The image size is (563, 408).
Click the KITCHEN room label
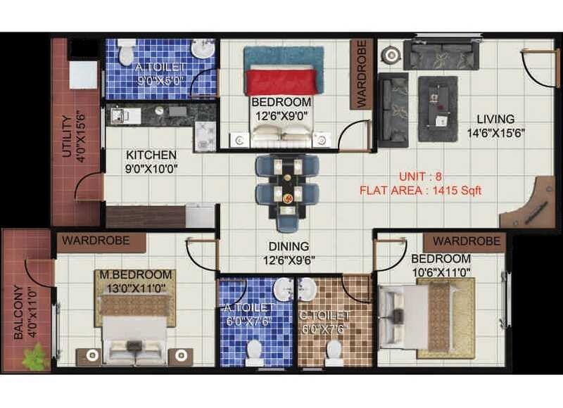click(x=151, y=155)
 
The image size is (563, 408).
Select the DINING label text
click(x=289, y=247)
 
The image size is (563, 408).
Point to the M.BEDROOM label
click(x=135, y=274)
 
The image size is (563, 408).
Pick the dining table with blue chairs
click(x=287, y=190)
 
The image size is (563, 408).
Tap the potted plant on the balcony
click(x=36, y=357)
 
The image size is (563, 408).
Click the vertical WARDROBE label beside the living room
click(x=362, y=75)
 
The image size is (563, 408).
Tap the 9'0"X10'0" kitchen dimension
click(x=152, y=168)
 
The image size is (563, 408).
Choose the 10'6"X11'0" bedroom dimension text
click(x=441, y=271)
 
